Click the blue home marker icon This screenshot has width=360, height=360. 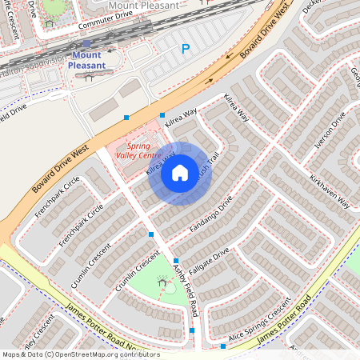[180, 173]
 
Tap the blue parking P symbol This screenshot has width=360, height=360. [186, 50]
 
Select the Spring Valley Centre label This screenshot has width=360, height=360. [138, 151]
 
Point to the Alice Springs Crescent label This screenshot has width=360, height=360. [258, 325]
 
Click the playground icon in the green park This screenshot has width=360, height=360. [164, 282]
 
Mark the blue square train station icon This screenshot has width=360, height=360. [86, 45]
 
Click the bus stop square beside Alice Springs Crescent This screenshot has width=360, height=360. [222, 346]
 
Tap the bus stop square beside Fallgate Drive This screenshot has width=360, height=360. [176, 261]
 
